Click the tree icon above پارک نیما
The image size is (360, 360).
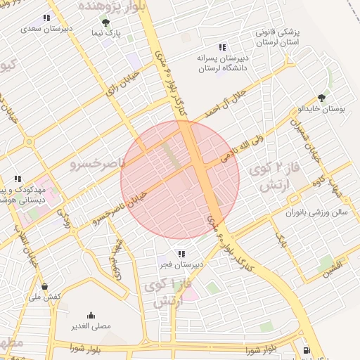(x=105, y=22)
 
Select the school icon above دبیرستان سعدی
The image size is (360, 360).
(x=47, y=18)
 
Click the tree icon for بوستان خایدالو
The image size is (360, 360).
(x=322, y=98)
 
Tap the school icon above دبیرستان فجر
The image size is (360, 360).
(x=181, y=254)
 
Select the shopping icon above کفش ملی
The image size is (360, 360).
(x=45, y=286)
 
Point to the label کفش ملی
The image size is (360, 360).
(x=46, y=297)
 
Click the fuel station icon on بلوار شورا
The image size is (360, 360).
(x=307, y=351)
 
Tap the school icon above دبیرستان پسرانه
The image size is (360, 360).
(x=222, y=47)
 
